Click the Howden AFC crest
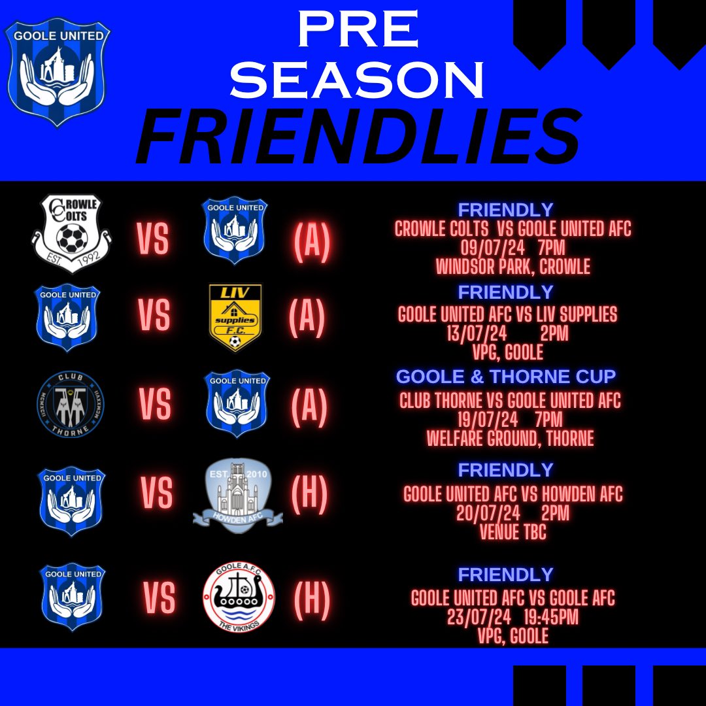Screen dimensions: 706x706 237,493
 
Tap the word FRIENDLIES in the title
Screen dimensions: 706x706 358,139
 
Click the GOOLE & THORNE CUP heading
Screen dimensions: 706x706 506,377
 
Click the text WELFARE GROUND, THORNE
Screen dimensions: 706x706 510,438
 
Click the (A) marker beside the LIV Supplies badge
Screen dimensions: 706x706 307,317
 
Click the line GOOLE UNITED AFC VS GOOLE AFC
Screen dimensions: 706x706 513,597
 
